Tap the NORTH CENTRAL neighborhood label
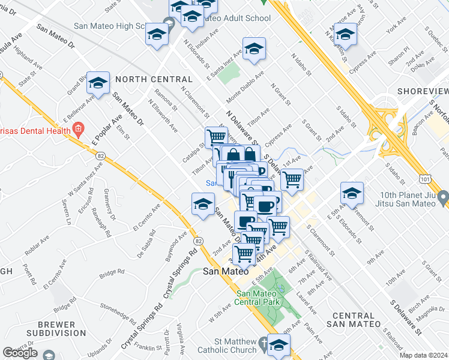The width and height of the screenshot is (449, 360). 154,79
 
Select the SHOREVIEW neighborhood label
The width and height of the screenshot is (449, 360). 423,91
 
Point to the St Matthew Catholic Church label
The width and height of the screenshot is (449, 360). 226,345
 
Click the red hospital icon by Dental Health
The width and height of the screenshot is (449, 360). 77,128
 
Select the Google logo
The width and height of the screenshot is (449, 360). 20,353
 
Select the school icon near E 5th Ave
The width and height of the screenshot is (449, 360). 352,193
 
